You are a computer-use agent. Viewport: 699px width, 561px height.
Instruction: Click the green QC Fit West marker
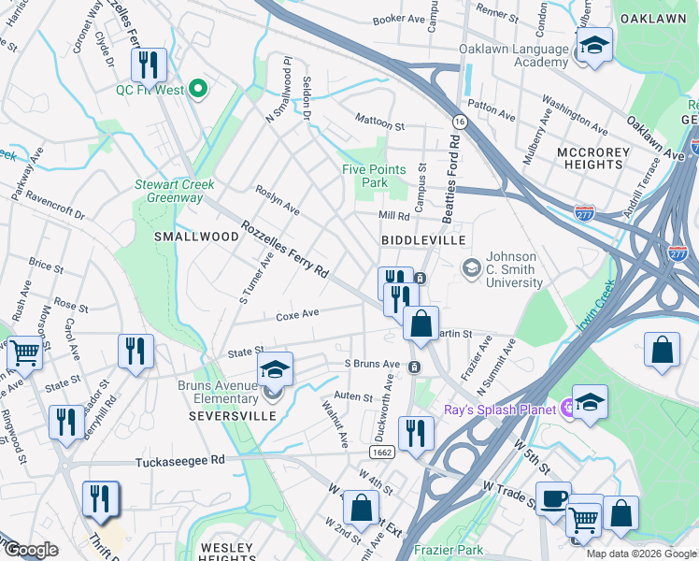pos(197,90)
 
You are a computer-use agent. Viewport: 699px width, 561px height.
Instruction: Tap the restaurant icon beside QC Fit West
pos(149,65)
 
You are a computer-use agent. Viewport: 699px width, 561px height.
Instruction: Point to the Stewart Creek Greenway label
pos(168,191)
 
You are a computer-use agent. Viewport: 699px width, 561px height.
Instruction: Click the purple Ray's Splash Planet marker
pos(566,408)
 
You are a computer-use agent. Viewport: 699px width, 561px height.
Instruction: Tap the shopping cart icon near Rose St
pos(25,353)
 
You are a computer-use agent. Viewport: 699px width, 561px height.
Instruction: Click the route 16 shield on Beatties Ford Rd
pos(459,122)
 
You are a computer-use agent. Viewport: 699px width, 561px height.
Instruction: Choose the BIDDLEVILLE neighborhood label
pos(423,240)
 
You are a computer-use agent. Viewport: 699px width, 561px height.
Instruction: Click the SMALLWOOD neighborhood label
pos(196,237)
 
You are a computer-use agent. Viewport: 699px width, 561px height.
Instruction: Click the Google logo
pos(30,550)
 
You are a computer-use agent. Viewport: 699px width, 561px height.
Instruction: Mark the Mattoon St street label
pos(378,121)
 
